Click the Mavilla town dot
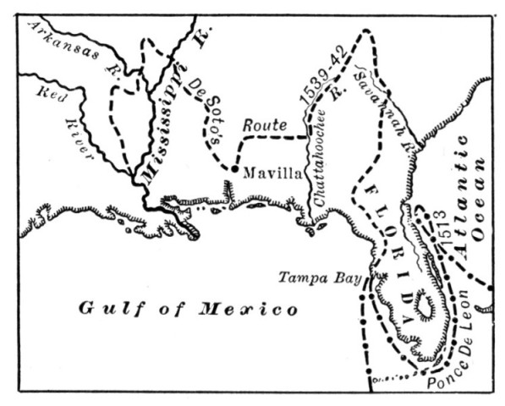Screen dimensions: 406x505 (x=233, y=170)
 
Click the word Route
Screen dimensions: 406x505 (x=261, y=125)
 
